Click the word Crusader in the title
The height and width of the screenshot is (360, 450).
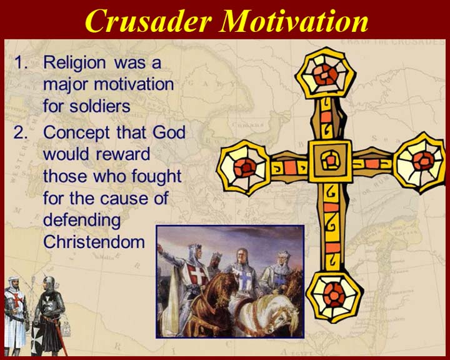pos(148,21)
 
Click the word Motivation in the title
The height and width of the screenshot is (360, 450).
pos(294,21)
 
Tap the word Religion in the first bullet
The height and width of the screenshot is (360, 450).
pos(74,63)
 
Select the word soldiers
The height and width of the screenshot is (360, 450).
pos(100,106)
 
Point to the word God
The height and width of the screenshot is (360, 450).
pos(169,132)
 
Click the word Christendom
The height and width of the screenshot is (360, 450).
pos(94,242)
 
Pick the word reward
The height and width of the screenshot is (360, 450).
pos(122,154)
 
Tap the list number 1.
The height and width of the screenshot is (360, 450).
pos(21,62)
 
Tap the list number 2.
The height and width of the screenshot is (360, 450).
pos(21,132)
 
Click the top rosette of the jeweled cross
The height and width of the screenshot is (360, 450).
pos(326,74)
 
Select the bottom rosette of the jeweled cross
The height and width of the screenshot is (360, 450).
pos(334,296)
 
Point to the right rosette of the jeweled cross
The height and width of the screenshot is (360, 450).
pos(422,162)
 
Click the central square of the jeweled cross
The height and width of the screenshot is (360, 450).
pos(331,161)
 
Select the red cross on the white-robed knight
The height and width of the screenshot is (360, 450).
pos(17,299)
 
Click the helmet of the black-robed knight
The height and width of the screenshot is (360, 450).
pos(49,282)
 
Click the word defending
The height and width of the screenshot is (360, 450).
pos(82,221)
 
